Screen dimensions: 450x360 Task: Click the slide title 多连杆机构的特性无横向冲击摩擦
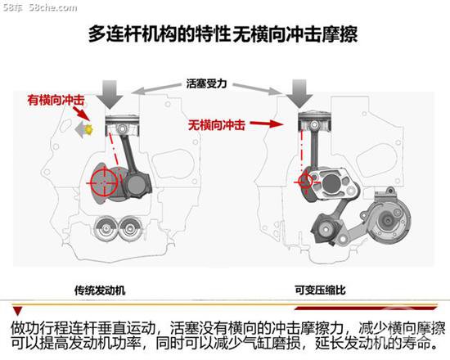[x=223, y=34]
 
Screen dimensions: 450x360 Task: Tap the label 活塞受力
[x=207, y=83]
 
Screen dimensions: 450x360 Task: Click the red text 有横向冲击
[x=56, y=100]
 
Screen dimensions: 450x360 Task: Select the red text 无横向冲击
[x=217, y=125]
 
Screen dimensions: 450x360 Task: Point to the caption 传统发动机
[x=100, y=290]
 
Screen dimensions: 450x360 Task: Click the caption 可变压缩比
[x=320, y=290]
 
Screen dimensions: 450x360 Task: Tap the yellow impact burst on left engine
[x=88, y=130]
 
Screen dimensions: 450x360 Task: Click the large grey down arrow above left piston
[x=110, y=94]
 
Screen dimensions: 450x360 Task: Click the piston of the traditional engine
[x=123, y=125]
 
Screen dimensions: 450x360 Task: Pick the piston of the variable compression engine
[x=314, y=122]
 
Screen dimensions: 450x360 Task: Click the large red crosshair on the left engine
[x=104, y=182]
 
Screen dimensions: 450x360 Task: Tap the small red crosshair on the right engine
[x=304, y=181]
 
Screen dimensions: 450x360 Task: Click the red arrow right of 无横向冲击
[x=267, y=124]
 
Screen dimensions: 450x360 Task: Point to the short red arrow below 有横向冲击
[x=81, y=114]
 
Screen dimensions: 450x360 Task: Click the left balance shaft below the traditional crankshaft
[x=106, y=228]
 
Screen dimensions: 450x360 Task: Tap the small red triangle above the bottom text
[x=18, y=311]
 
